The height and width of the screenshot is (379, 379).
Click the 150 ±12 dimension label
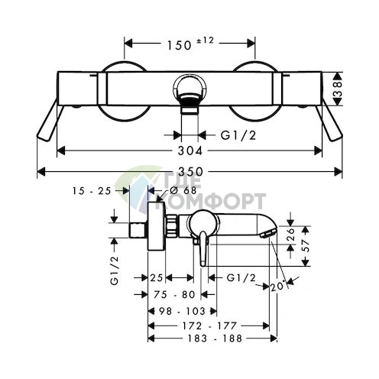(x=190, y=44)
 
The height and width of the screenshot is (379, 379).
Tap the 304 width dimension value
(x=189, y=151)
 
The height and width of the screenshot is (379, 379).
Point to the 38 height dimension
(x=337, y=89)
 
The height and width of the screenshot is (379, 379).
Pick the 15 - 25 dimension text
(x=92, y=190)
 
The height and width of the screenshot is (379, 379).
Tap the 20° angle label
(x=277, y=287)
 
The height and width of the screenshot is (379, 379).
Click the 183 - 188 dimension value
(x=215, y=339)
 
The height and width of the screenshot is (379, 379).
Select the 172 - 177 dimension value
(x=209, y=326)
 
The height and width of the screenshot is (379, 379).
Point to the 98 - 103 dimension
(x=182, y=311)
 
